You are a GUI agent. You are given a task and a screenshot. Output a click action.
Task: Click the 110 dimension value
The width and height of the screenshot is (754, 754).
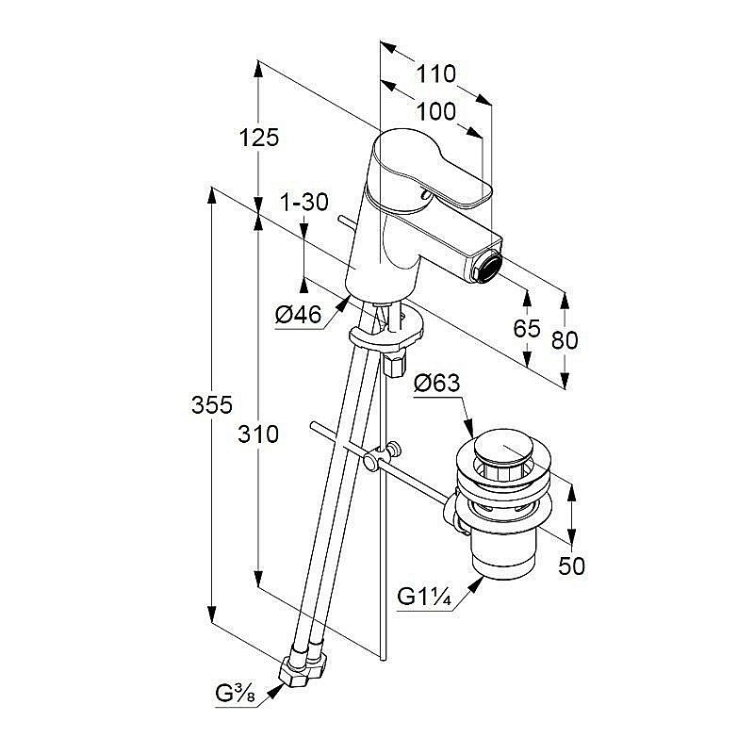(436, 74)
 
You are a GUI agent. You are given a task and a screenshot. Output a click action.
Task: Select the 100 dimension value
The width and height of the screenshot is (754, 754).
(435, 111)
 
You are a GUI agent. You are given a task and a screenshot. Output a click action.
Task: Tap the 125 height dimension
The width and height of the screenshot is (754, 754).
(259, 138)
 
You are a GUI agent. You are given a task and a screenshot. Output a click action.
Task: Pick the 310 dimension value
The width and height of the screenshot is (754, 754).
(258, 434)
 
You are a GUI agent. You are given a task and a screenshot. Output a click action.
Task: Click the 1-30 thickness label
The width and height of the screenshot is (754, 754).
(303, 202)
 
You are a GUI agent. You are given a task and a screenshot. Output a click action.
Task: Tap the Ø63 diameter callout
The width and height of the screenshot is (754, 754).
(436, 383)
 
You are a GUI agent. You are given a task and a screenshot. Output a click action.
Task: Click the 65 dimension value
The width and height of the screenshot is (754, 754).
(527, 329)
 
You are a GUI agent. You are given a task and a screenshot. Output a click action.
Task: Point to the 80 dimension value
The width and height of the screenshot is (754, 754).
(565, 338)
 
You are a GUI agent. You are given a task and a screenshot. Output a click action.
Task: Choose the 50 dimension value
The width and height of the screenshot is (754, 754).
(571, 565)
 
